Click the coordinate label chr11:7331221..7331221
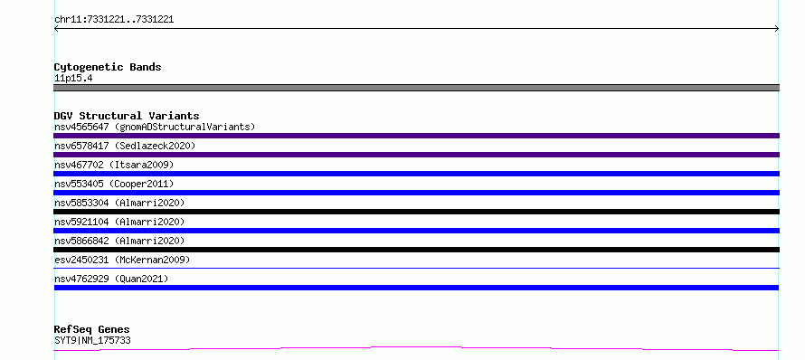[114, 20]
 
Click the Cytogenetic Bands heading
[108, 67]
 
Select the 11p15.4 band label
[73, 79]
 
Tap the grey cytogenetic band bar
[416, 88]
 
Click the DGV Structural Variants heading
[127, 116]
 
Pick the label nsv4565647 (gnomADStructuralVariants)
[155, 127]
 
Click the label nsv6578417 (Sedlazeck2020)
[125, 146]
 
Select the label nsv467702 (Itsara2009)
[114, 165]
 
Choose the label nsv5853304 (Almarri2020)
[119, 203]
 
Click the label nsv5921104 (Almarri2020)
[119, 222]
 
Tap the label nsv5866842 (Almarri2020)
[119, 241]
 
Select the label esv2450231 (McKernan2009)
[122, 260]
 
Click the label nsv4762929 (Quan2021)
[111, 279]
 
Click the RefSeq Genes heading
[91, 329]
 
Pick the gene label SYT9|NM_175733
[92, 340]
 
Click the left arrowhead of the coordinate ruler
[55, 29]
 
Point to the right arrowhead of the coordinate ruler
[778, 29]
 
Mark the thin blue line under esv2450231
[416, 268]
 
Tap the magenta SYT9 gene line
[416, 349]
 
